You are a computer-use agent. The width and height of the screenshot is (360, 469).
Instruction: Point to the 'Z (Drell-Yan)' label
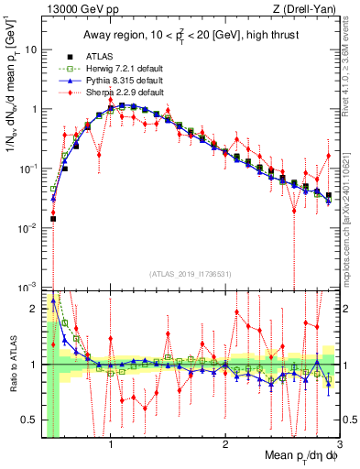(x=306, y=9)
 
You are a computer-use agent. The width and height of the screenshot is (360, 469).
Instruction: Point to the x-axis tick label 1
(x=110, y=444)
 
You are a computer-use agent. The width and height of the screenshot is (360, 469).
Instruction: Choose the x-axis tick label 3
(x=339, y=444)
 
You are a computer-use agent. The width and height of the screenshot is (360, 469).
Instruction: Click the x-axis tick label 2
(x=224, y=444)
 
